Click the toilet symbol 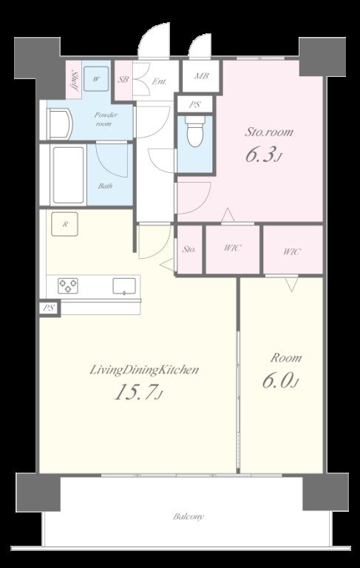click(x=195, y=131)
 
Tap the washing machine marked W click(x=96, y=79)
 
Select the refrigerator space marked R click(x=65, y=224)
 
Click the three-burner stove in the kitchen click(x=68, y=285)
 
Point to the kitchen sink click(x=124, y=285)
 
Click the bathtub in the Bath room click(x=69, y=175)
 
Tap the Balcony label click(x=189, y=516)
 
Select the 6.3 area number click(x=263, y=155)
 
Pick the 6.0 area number click(x=280, y=381)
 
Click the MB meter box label click(x=201, y=76)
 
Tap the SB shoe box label click(x=123, y=79)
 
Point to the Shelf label click(x=75, y=80)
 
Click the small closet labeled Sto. click(x=189, y=249)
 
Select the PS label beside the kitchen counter click(x=49, y=308)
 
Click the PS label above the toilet click(x=195, y=105)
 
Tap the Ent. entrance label click(x=159, y=82)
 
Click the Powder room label click(x=106, y=119)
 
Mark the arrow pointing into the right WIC click(x=291, y=284)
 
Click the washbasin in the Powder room click(x=61, y=124)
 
